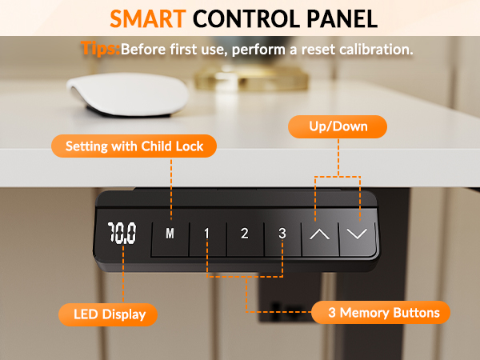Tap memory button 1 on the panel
coord(208,238)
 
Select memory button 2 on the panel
coord(245,238)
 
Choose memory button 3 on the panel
coord(282,238)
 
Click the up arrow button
coord(320,238)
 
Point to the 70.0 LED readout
coord(122,233)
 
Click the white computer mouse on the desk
coord(128,94)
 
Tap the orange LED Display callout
coord(108,314)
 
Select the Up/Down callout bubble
coord(338,126)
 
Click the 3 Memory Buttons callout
coord(381,313)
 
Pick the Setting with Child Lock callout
coord(134,146)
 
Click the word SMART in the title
coord(148,18)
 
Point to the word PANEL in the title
coord(342,18)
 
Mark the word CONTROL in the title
coord(246,18)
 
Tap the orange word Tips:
coord(101,48)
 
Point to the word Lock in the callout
coord(190,146)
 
